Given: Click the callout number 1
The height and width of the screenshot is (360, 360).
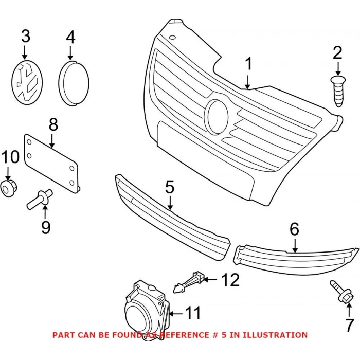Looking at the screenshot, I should [248, 64].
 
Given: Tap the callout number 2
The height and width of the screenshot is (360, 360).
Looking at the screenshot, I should [337, 52].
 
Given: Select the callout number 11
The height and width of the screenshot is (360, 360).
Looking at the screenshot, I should [193, 312].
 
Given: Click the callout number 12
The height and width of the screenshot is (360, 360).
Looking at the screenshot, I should [231, 280].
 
